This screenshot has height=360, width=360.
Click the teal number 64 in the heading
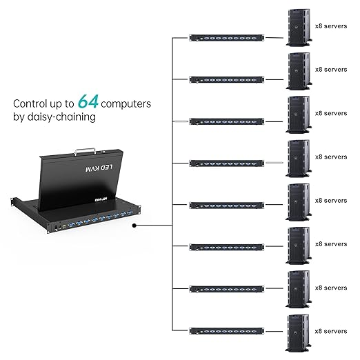click(87, 102)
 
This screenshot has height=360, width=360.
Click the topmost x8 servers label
click(331, 26)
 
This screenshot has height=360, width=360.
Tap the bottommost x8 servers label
click(331, 331)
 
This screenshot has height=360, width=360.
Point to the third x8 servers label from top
click(331, 113)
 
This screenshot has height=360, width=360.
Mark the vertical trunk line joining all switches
click(171, 186)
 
